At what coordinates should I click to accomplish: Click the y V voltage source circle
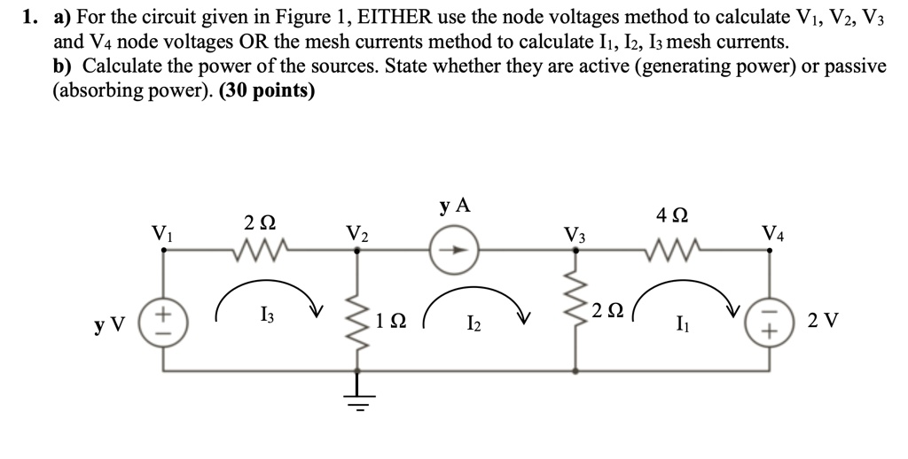pyautogui.click(x=162, y=323)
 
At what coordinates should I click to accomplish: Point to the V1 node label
pyautogui.click(x=162, y=235)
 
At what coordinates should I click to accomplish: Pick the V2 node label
pyautogui.click(x=358, y=235)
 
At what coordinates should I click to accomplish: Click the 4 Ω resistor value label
pyautogui.click(x=670, y=214)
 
